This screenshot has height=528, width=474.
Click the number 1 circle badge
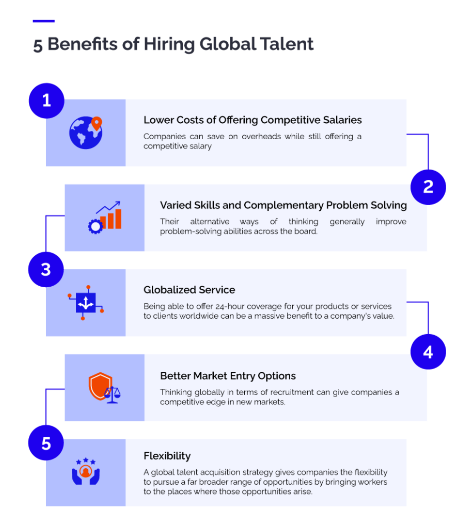tap(46, 101)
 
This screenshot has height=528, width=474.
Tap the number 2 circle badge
tap(428, 187)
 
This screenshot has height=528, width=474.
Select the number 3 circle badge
tap(46, 269)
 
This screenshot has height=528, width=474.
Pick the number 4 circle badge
tap(428, 352)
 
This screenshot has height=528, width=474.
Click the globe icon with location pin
tap(86, 133)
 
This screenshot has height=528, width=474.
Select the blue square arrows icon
tap(85, 303)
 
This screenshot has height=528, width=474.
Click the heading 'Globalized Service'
tap(189, 290)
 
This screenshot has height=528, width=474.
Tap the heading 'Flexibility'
tap(167, 456)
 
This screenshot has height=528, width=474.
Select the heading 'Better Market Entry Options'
tap(228, 376)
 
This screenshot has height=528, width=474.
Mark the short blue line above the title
tap(43, 21)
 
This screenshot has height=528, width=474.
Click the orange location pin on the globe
tap(97, 123)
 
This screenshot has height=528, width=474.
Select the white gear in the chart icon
tap(95, 226)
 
